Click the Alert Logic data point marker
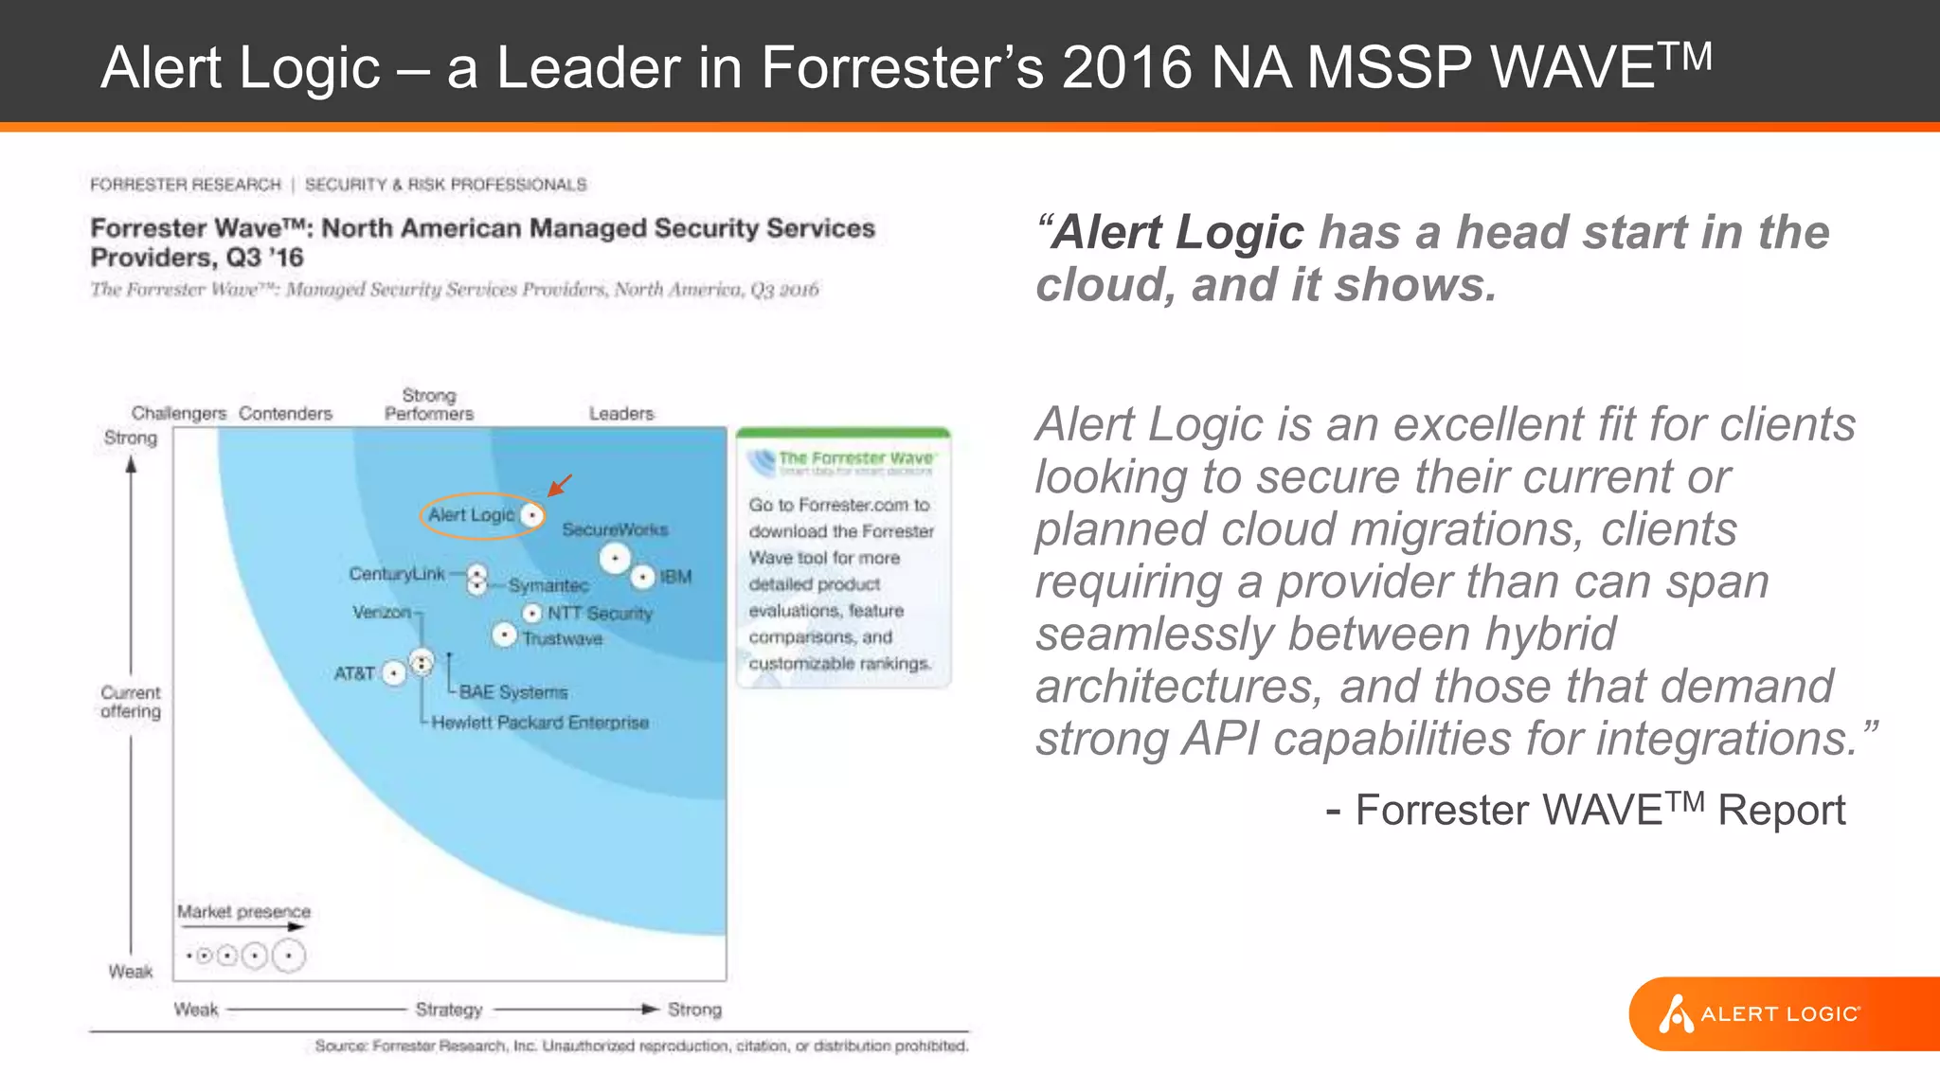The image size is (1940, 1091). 533,515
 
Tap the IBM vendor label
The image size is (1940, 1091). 675,577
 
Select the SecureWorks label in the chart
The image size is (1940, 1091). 615,529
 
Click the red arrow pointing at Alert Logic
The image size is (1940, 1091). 560,485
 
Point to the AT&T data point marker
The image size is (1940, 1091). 394,673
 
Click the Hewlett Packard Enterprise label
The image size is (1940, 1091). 540,723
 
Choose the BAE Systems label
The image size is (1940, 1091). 513,692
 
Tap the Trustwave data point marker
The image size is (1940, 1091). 505,635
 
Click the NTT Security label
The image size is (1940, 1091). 600,614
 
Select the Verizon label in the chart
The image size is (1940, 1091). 382,613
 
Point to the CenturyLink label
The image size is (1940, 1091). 396,574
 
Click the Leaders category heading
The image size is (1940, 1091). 621,414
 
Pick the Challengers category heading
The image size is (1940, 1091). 179,414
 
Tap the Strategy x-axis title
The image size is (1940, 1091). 449,1010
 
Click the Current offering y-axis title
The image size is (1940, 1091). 131,702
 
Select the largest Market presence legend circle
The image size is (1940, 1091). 289,956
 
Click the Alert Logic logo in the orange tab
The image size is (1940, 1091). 1760,1014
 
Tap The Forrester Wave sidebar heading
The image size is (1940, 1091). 855,458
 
